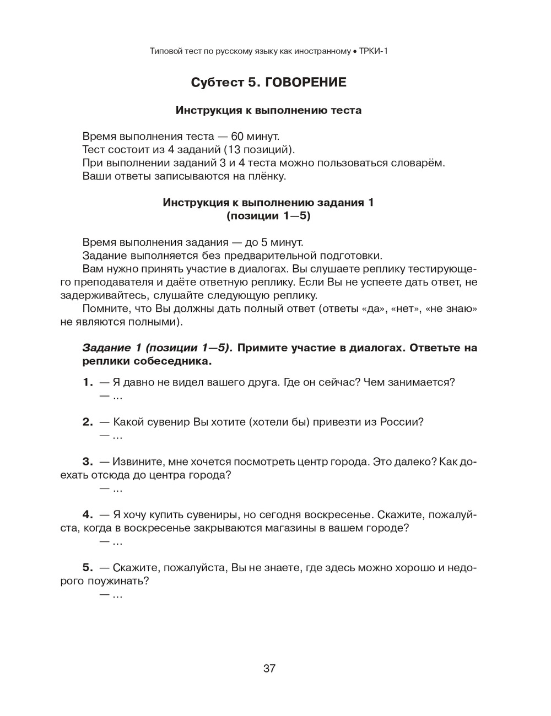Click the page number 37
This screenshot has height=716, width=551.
tap(269, 669)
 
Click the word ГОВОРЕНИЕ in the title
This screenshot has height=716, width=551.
tap(306, 83)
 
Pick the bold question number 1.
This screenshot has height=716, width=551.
tap(88, 382)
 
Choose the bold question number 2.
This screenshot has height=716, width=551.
tap(88, 422)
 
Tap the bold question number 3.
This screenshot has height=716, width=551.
tap(88, 462)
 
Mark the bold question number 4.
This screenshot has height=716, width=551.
tap(88, 514)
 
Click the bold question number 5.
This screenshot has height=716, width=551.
tap(88, 567)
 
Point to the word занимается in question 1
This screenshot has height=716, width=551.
tap(424, 382)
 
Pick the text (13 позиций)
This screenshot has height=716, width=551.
tap(260, 149)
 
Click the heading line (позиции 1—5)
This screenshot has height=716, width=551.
tap(268, 216)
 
